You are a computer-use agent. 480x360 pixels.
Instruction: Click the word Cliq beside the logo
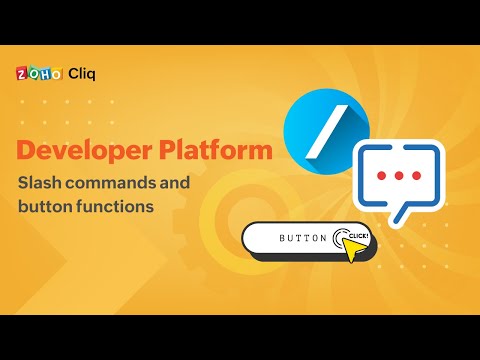[83, 73]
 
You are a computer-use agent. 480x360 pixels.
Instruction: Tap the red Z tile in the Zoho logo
[21, 74]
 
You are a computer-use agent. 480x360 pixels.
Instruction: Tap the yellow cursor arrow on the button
[355, 247]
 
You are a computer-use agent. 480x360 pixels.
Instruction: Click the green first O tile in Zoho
[32, 74]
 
